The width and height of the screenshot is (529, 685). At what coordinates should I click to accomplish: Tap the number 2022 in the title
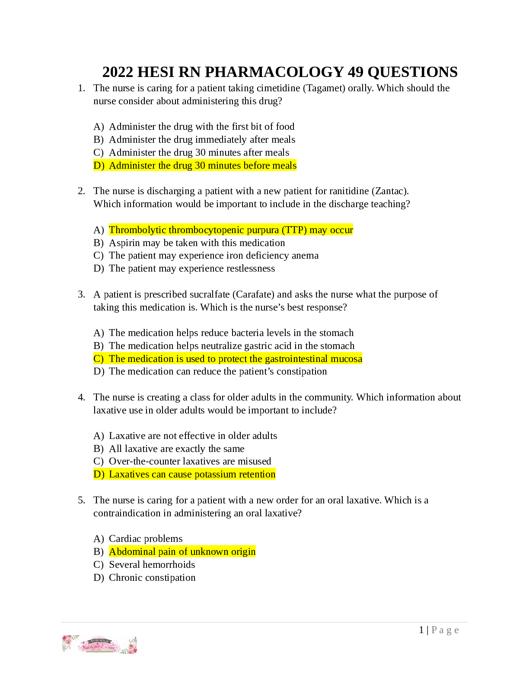click(x=118, y=72)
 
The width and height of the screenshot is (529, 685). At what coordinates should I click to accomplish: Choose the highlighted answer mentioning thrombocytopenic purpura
click(x=231, y=230)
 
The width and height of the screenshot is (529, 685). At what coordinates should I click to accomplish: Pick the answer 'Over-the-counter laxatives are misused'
click(x=190, y=461)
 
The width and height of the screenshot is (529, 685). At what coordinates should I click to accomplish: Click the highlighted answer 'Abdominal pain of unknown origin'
click(x=182, y=552)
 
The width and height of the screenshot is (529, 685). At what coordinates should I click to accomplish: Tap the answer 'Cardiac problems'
click(x=146, y=539)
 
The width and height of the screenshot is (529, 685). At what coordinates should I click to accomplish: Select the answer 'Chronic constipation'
click(x=152, y=578)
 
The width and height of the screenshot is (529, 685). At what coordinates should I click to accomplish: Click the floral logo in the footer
click(x=99, y=644)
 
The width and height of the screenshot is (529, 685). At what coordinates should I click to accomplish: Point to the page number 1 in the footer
click(x=421, y=630)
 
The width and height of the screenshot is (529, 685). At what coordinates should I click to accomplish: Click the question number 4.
click(x=81, y=397)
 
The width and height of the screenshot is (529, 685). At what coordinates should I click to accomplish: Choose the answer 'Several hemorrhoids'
click(x=152, y=565)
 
